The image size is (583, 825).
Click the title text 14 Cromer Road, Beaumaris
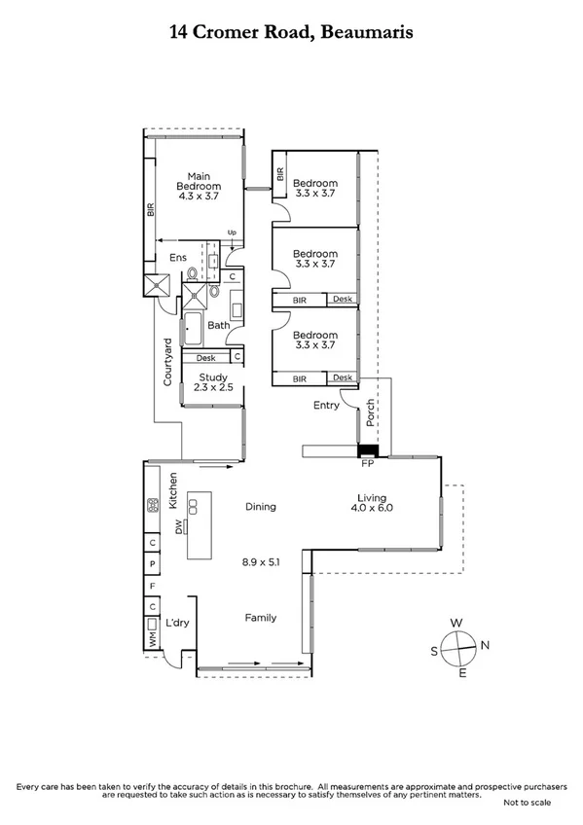pyautogui.click(x=291, y=32)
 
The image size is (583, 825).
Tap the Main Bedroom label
pyautogui.click(x=199, y=180)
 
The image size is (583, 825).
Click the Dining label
pyautogui.click(x=260, y=506)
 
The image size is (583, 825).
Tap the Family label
pyautogui.click(x=260, y=618)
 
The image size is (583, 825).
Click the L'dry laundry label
pyautogui.click(x=176, y=624)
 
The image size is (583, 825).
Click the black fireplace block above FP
pyautogui.click(x=369, y=450)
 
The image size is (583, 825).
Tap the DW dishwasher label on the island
pyautogui.click(x=179, y=526)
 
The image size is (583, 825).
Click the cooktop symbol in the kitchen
pyautogui.click(x=153, y=505)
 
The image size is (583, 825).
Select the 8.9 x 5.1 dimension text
pyautogui.click(x=261, y=561)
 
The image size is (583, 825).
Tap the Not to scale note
pyautogui.click(x=527, y=803)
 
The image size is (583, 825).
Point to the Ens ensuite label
pyautogui.click(x=177, y=258)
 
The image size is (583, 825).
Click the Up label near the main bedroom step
pyautogui.click(x=232, y=233)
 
